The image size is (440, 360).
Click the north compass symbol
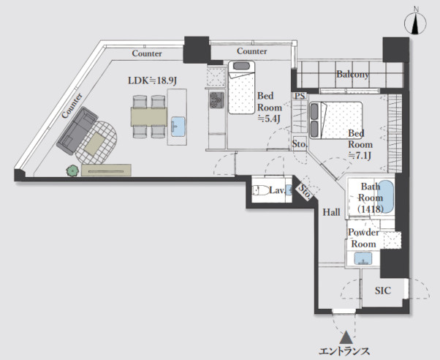coord(416,23)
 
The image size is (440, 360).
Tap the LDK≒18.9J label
coord(152,80)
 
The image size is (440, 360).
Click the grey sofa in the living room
coord(77,131)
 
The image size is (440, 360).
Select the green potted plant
coord(72,170)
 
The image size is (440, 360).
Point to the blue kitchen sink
coord(178,127)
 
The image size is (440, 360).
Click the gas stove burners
coord(217,100)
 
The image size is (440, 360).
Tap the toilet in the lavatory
coord(259,190)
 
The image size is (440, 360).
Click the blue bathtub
coord(386,196)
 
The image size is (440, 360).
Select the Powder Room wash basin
coord(363,258)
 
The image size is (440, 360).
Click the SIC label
coord(383,290)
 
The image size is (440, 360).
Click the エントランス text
coord(344,351)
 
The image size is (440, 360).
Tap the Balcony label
coord(352,74)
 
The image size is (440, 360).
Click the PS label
coord(300,96)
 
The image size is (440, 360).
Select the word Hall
coord(331,212)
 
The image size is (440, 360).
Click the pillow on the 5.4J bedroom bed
coord(241,66)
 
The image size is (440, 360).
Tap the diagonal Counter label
coord(72,105)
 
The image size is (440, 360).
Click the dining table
coord(149,116)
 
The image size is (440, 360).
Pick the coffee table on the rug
coord(95,143)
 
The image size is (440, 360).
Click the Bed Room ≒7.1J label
coord(360,144)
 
